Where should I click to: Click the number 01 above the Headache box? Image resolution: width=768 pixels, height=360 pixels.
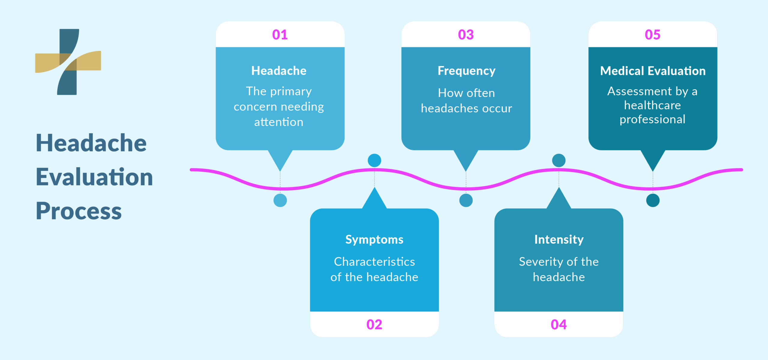point(280,35)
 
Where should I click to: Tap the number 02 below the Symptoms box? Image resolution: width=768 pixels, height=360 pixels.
point(374,325)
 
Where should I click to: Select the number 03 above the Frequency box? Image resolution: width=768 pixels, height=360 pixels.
point(466,35)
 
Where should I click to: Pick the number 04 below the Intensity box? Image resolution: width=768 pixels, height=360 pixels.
point(559,325)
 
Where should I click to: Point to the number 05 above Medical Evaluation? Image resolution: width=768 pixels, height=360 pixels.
point(652,35)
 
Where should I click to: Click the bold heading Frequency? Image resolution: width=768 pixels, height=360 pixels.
point(466,71)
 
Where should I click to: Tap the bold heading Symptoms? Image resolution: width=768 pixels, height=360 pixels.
point(374,239)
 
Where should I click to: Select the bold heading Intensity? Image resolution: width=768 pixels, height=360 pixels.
point(559,239)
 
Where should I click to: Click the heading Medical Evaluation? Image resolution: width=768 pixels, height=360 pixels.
point(652,71)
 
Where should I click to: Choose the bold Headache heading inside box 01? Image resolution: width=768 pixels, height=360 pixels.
point(279,71)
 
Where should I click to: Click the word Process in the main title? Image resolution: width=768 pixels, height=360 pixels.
point(79,211)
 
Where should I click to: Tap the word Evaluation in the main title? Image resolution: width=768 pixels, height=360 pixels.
point(94,177)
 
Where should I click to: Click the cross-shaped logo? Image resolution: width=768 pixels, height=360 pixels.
point(68,62)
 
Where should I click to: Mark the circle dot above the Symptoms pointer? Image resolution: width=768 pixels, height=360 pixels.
point(374,160)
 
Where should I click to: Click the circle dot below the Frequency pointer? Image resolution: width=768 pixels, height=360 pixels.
point(466,200)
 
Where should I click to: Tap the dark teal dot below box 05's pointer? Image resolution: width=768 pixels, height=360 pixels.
point(652,200)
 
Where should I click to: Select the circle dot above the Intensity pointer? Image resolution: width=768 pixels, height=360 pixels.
point(559,160)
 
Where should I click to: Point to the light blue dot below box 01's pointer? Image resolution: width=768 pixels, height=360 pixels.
point(280,200)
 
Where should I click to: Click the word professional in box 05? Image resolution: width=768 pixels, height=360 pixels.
point(652,119)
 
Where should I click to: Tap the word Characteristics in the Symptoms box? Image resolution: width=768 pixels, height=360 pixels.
point(374,262)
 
